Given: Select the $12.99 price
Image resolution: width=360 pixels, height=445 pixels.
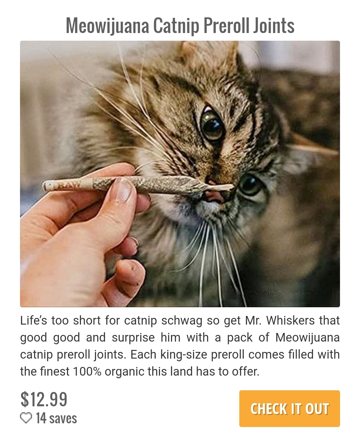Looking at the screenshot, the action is click(x=44, y=399).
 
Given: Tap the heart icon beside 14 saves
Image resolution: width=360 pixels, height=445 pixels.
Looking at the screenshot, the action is click(x=26, y=418).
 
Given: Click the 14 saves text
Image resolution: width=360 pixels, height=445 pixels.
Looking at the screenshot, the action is click(x=56, y=418).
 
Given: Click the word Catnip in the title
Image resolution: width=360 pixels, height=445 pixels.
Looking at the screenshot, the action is click(x=176, y=26).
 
